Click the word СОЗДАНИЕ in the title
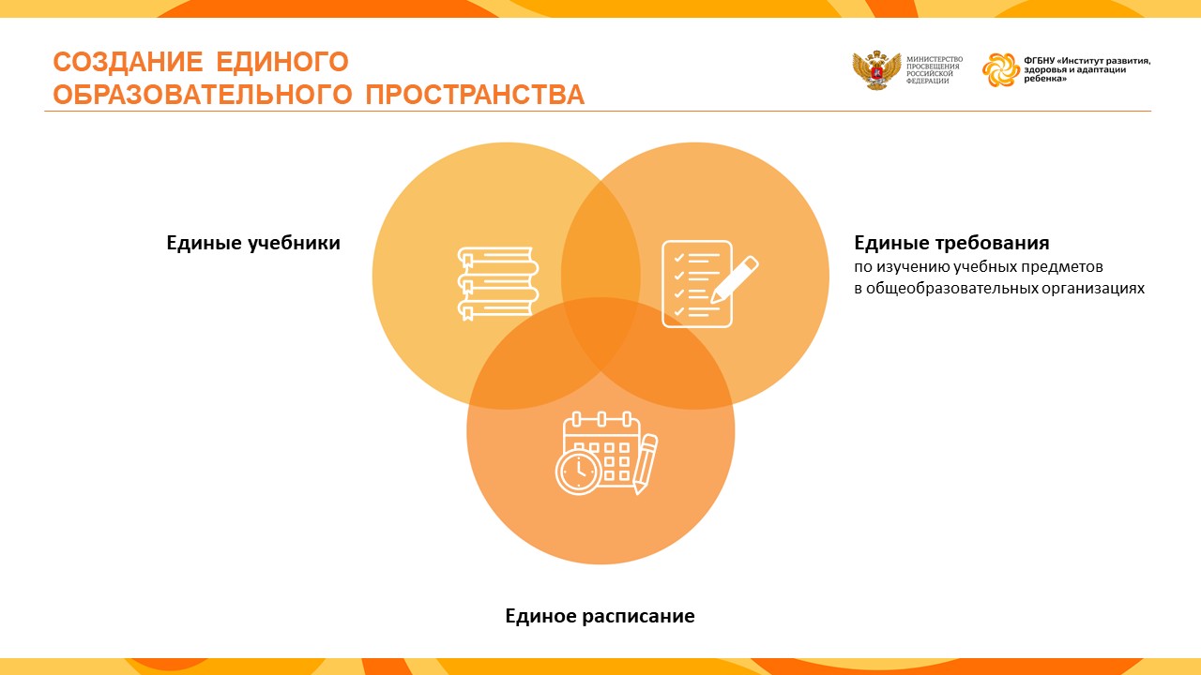[x=128, y=62]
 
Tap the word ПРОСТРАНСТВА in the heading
[x=475, y=95]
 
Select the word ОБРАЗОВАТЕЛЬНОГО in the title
[x=203, y=95]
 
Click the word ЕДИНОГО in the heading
[x=282, y=62]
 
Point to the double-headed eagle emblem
[x=876, y=70]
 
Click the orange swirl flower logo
[x=1000, y=69]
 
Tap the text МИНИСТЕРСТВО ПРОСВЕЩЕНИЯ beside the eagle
[x=934, y=63]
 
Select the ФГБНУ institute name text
[x=1087, y=69]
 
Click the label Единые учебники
[x=253, y=243]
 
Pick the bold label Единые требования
[x=951, y=243]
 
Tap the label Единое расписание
[x=600, y=616]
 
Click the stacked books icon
[x=497, y=283]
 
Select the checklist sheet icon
[x=697, y=284]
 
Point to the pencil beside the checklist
[x=734, y=279]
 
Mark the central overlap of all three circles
[x=601, y=331]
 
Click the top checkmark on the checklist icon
[x=678, y=258]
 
